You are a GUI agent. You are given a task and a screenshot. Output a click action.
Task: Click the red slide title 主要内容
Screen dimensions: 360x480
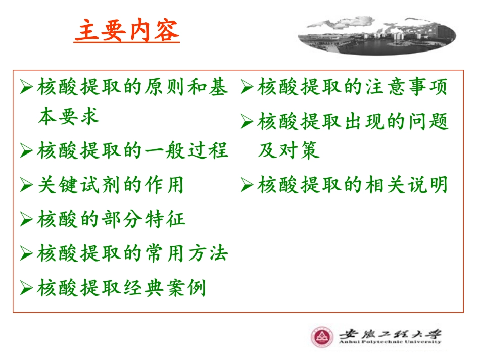pos(127,31)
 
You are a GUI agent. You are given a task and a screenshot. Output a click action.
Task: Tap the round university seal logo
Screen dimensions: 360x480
pos(322,337)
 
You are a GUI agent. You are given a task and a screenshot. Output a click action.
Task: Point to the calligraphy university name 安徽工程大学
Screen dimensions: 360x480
pos(390,333)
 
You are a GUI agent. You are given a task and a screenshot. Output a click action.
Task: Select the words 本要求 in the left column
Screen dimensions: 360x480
pos(68,117)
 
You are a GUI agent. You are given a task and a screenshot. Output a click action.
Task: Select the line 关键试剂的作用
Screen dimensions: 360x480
pos(111,185)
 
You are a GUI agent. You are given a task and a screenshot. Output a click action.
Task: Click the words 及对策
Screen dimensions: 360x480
pos(289,150)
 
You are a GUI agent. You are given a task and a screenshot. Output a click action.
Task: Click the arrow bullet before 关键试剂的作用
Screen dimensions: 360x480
pos(26,185)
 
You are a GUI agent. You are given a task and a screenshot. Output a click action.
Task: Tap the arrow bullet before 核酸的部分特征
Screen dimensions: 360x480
pos(26,220)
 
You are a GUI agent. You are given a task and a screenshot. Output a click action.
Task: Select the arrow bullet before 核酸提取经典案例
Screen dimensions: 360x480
pos(26,289)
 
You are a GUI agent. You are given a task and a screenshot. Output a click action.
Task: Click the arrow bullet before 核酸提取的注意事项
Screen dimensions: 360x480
pos(247,88)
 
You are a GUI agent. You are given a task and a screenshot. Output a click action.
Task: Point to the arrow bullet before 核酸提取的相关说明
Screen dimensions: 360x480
pos(247,185)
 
